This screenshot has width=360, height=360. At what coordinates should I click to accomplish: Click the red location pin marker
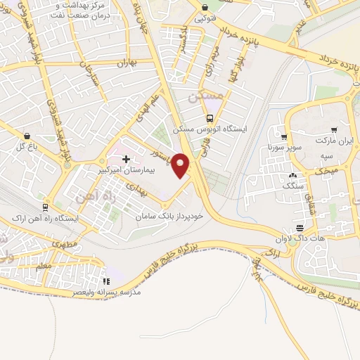[182, 165]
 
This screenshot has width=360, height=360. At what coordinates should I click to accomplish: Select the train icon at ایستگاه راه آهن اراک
[46, 207]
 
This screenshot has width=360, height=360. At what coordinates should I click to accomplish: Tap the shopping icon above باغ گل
[27, 136]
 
